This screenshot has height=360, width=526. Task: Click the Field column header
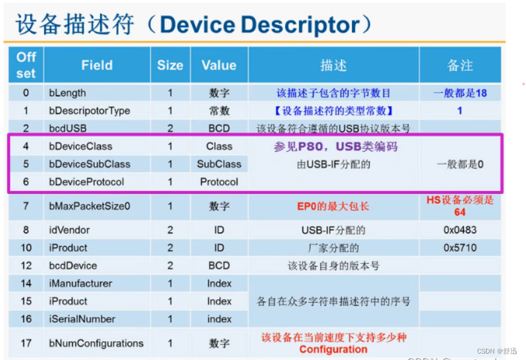(97, 65)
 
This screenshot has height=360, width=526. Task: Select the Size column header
(170, 65)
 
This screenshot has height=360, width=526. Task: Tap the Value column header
(219, 65)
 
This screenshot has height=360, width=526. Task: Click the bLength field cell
(67, 93)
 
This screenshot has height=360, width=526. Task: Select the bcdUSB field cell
(67, 128)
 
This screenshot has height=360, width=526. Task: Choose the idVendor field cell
(69, 230)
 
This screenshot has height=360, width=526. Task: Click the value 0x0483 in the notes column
(460, 230)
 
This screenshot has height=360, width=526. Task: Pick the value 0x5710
(460, 248)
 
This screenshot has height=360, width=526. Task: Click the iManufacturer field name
(80, 283)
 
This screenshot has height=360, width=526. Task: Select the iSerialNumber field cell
(82, 319)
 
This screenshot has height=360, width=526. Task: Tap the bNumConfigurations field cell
(96, 344)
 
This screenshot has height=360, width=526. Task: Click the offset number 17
(26, 344)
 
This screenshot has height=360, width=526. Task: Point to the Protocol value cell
(219, 182)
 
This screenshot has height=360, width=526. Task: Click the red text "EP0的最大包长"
(333, 207)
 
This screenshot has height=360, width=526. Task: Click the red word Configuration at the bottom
(333, 349)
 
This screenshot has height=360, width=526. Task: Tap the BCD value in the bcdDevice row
(219, 266)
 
